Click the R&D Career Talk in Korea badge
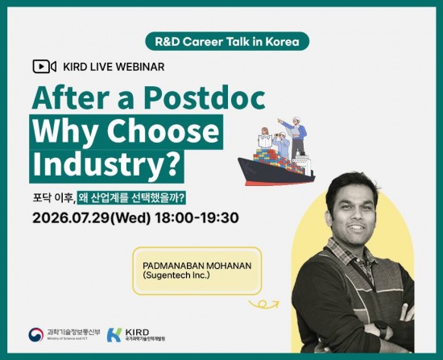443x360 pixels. click(227, 42)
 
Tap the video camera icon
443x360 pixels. click(44, 67)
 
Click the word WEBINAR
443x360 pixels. click(140, 67)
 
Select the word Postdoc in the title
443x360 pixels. click(205, 97)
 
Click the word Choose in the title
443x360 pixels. click(163, 131)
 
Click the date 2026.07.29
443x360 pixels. click(71, 218)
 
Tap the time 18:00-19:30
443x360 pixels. click(197, 218)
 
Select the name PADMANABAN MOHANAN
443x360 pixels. click(197, 266)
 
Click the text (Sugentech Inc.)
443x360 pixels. click(176, 275)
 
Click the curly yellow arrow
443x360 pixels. click(264, 304)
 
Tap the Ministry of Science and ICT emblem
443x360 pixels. click(36, 334)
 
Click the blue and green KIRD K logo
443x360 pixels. click(114, 335)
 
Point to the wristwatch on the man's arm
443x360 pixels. click(382, 329)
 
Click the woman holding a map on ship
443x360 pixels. click(265, 138)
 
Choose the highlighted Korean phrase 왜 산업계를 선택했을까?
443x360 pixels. click(131, 198)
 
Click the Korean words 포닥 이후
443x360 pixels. click(54, 198)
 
